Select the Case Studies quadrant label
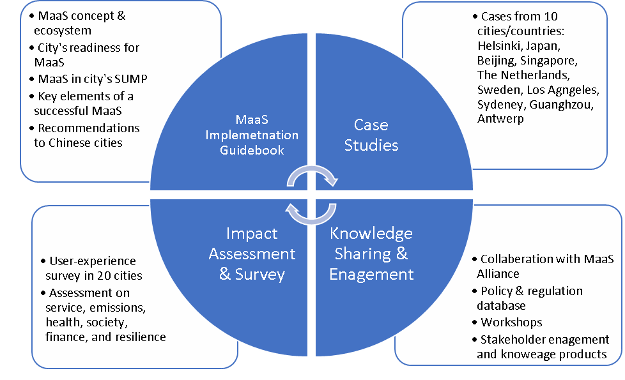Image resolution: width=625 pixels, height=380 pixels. (x=371, y=135)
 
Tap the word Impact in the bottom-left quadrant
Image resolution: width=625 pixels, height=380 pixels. (x=252, y=234)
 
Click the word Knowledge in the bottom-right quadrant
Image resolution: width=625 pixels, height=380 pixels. (x=371, y=233)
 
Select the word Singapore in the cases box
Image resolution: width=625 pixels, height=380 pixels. (x=549, y=61)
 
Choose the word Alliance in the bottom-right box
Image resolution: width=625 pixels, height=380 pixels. (x=498, y=273)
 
